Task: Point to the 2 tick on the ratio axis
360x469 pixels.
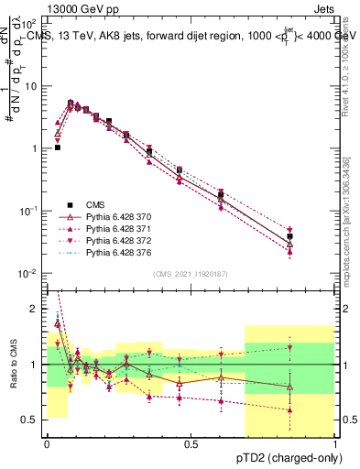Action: pos(36,309)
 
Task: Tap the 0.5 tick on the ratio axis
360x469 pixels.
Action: pos(31,420)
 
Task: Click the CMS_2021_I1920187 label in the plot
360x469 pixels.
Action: pos(190,274)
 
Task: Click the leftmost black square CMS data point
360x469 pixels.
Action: pos(58,147)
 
